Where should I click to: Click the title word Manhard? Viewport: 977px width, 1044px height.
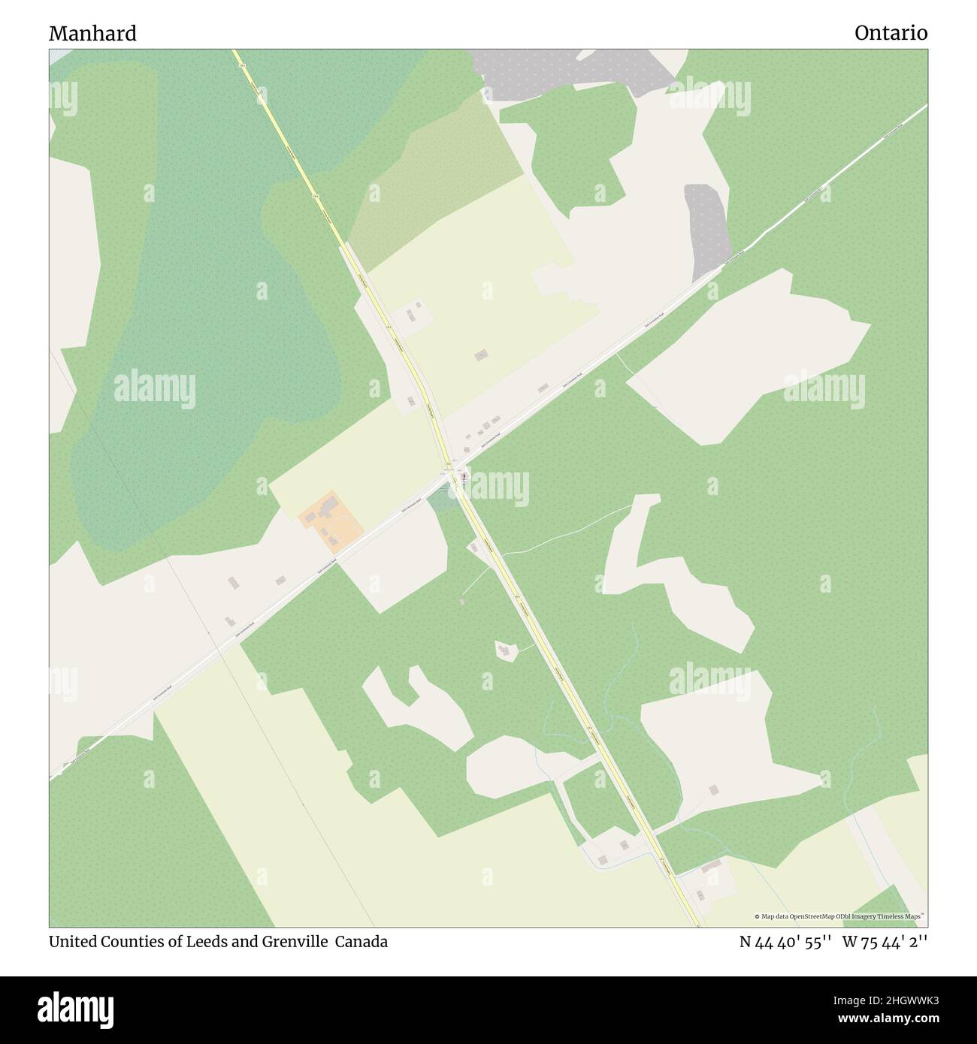(92, 34)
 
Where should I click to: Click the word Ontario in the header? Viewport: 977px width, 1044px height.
(891, 34)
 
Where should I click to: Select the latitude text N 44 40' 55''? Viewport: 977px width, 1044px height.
(785, 942)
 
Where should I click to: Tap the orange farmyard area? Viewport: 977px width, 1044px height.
(331, 517)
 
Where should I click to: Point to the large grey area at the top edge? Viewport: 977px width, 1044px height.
(571, 71)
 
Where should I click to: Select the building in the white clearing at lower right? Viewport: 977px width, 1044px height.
(713, 789)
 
